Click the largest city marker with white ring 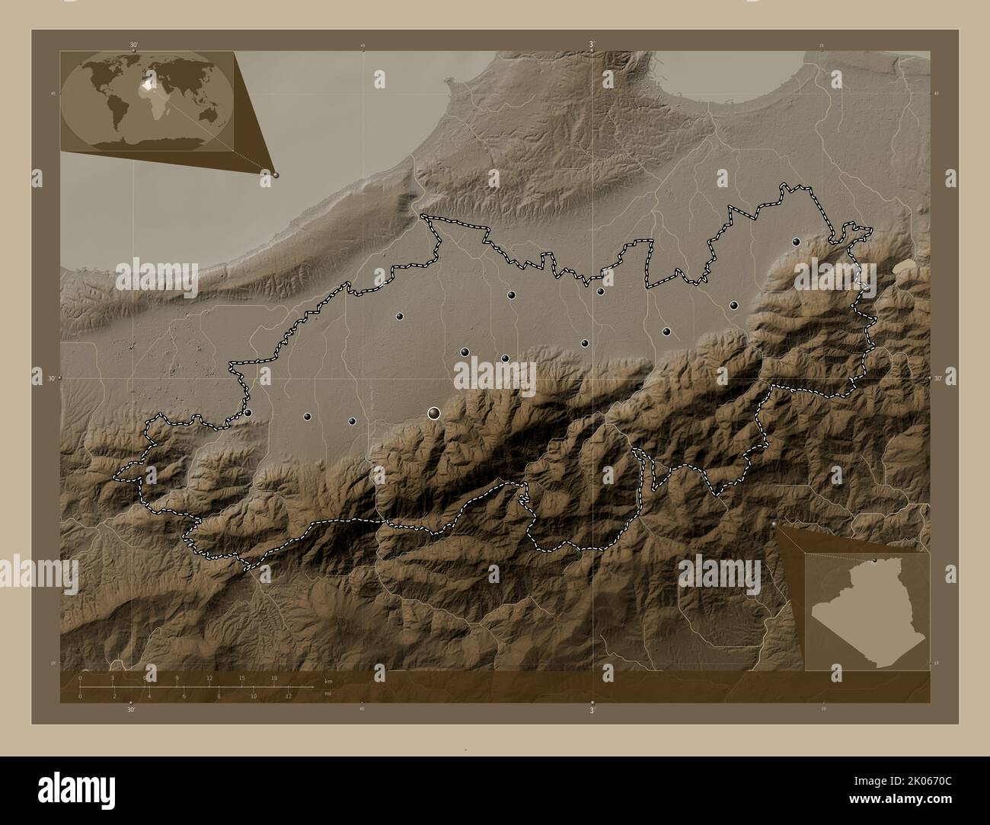(434, 412)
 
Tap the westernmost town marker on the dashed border (248, 412)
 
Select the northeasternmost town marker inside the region (796, 241)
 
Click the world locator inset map (147, 100)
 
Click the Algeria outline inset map (867, 611)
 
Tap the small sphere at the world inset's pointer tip (276, 175)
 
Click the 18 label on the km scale (274, 677)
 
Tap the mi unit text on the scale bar (327, 693)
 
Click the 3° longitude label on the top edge (592, 44)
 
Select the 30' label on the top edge (133, 45)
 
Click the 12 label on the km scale (209, 677)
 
